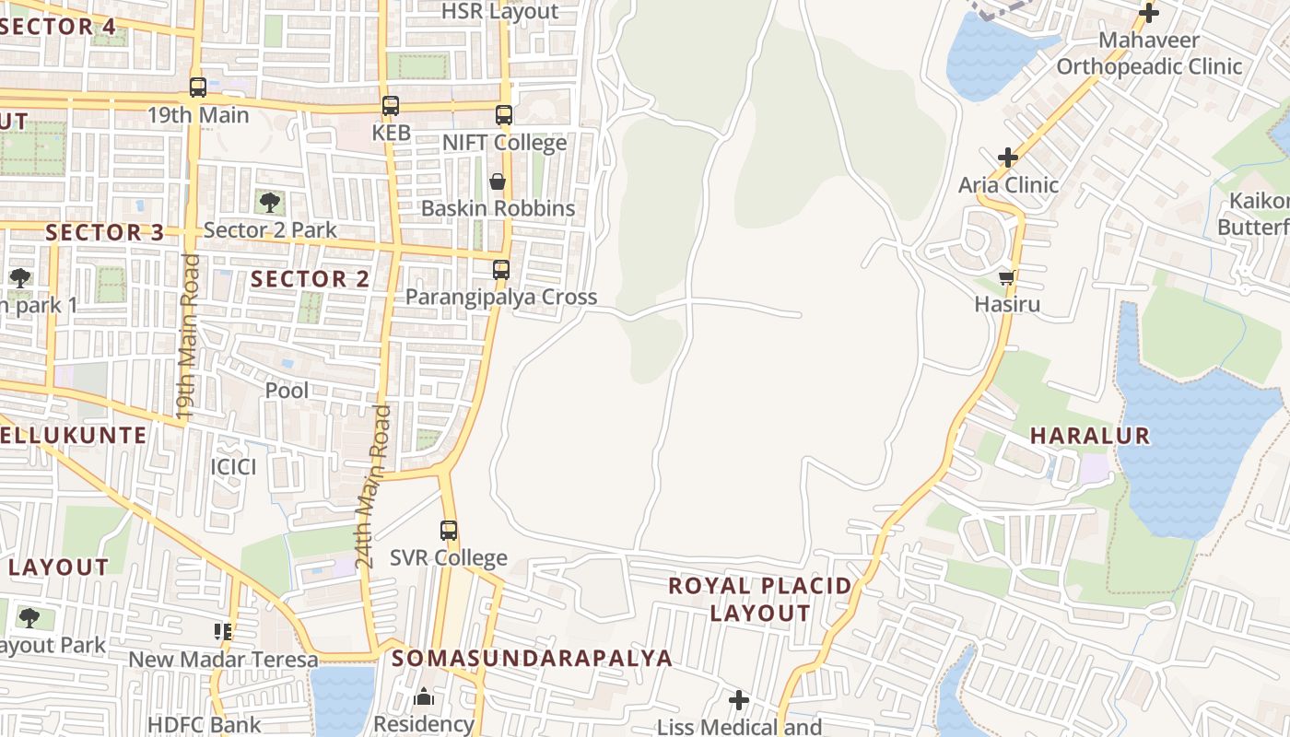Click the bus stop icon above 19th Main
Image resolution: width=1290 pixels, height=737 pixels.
pos(198,88)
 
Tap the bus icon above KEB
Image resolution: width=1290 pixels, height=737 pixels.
pos(391,106)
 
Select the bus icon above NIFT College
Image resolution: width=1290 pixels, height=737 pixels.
pos(503,115)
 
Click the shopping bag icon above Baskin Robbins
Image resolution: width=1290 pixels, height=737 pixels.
pos(498,181)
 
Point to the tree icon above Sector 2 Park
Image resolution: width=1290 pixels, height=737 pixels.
pos(270,202)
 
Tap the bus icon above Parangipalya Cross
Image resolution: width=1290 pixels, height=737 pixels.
pos(501,270)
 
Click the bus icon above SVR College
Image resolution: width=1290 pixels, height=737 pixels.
pos(449,531)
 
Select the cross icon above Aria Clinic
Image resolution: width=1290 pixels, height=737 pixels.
pos(1008,158)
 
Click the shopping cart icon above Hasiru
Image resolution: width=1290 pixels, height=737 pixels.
pos(1007,277)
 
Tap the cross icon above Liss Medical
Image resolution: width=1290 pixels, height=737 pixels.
pos(739,701)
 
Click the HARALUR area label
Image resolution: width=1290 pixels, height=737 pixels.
pos(1090,436)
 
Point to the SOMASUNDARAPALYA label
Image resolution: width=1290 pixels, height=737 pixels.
pos(532,659)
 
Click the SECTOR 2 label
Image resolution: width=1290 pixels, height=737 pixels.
pos(311,279)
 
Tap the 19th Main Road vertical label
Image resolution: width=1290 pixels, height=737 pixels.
pos(188,337)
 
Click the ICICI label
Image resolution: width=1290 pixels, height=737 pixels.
pos(233,466)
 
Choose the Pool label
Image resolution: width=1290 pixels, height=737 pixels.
pos(287,391)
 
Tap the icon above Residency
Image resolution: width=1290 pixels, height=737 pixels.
pos(424,696)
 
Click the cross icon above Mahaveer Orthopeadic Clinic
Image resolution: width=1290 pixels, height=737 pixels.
pos(1149,13)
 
